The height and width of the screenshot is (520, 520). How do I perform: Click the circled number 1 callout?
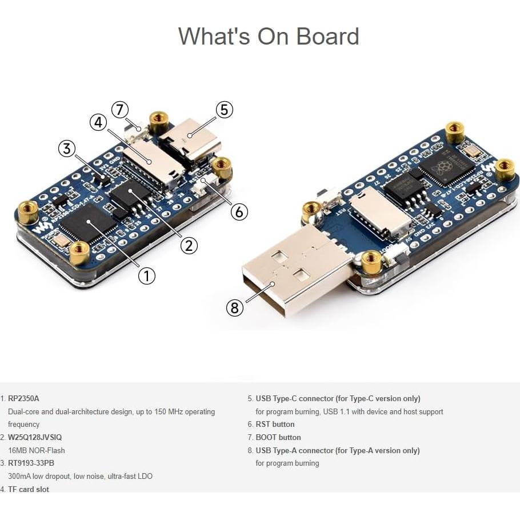[x=147, y=276]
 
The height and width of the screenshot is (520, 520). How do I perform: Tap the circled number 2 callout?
[x=189, y=245]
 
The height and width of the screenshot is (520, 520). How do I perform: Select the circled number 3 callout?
[x=67, y=149]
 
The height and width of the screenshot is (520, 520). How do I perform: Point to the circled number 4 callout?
[x=98, y=122]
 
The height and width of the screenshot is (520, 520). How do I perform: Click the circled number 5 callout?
[x=224, y=110]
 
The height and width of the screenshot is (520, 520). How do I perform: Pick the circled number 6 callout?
[x=239, y=211]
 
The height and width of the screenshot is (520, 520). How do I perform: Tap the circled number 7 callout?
[x=119, y=109]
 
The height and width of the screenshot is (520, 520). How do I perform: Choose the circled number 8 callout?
[x=234, y=308]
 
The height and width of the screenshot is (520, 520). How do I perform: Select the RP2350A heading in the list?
[x=23, y=398]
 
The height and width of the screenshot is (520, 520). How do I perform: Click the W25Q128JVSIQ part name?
[x=35, y=437]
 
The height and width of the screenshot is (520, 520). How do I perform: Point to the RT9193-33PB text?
[x=31, y=463]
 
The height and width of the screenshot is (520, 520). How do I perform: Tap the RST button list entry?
[x=275, y=424]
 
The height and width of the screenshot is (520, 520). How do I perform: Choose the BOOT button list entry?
[x=278, y=437]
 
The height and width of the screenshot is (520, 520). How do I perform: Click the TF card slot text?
[x=29, y=489]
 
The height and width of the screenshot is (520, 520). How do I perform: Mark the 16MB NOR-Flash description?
[x=37, y=450]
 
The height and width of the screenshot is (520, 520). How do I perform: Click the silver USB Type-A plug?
[x=291, y=274]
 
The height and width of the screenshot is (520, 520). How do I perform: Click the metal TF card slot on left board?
[x=147, y=161]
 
